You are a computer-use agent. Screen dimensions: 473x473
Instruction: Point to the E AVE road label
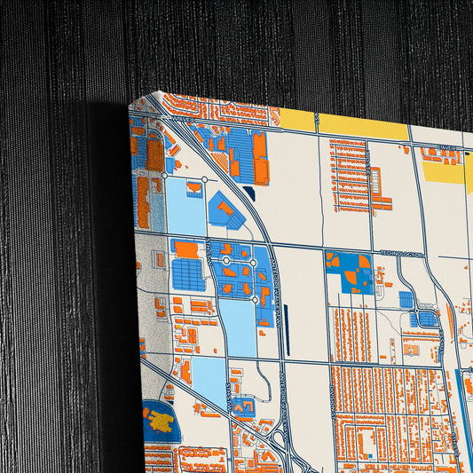447,149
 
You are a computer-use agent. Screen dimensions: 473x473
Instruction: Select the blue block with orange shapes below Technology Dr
350,272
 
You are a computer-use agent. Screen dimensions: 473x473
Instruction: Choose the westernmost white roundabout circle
164,176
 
